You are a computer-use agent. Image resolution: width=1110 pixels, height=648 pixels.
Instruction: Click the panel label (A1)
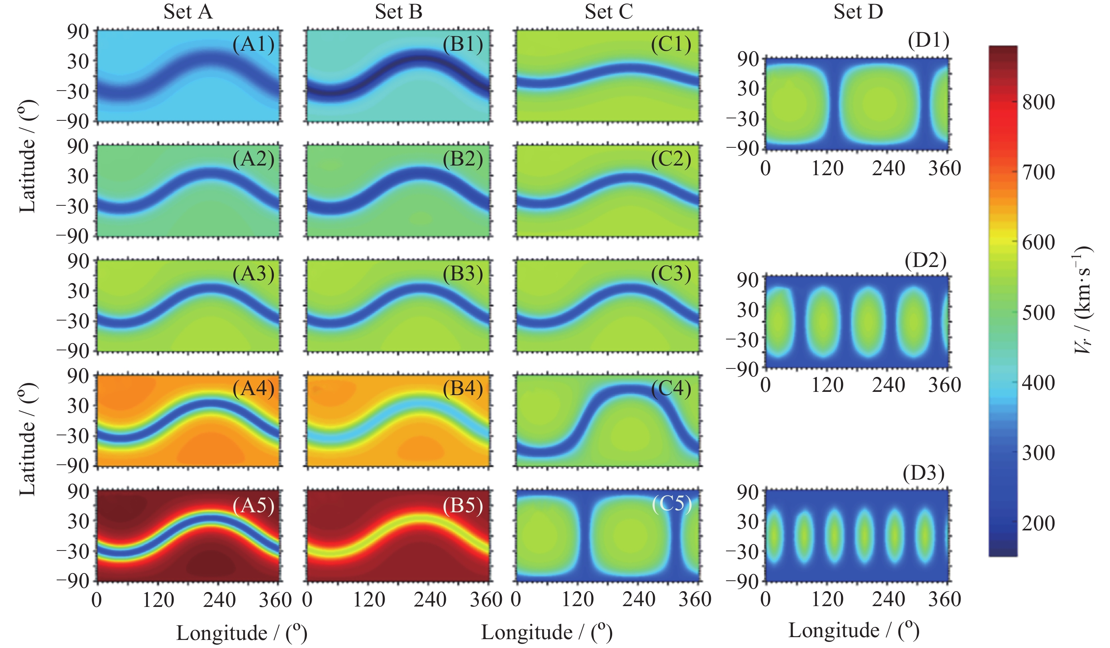[x=253, y=44]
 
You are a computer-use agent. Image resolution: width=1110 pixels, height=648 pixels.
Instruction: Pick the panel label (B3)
[x=463, y=273]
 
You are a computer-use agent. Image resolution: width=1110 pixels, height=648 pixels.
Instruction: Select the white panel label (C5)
[x=672, y=503]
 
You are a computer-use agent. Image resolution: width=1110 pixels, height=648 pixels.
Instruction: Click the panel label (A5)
[x=253, y=505]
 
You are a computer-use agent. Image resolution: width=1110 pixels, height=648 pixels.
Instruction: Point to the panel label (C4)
[x=671, y=389]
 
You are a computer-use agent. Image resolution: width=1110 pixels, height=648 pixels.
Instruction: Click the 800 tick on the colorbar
[x=1038, y=102]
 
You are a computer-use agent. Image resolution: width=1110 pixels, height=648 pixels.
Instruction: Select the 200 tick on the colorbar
[x=1038, y=523]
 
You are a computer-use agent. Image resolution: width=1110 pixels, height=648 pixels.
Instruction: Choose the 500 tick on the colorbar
[x=1038, y=313]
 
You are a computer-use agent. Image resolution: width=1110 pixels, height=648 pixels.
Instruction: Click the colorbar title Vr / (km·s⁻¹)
[x=1083, y=300]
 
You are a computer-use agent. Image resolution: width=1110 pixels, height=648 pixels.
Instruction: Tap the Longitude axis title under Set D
[x=853, y=630]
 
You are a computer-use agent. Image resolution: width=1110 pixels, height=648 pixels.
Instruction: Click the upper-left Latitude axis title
[x=28, y=156]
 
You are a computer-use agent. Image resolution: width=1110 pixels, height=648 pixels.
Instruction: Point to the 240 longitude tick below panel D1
[x=888, y=168]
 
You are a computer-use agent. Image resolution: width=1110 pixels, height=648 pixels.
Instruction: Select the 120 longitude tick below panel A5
[x=158, y=600]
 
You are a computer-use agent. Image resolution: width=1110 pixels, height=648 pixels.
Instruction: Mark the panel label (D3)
[x=924, y=473]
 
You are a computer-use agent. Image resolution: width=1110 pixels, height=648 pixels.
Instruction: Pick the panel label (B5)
[x=463, y=505]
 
